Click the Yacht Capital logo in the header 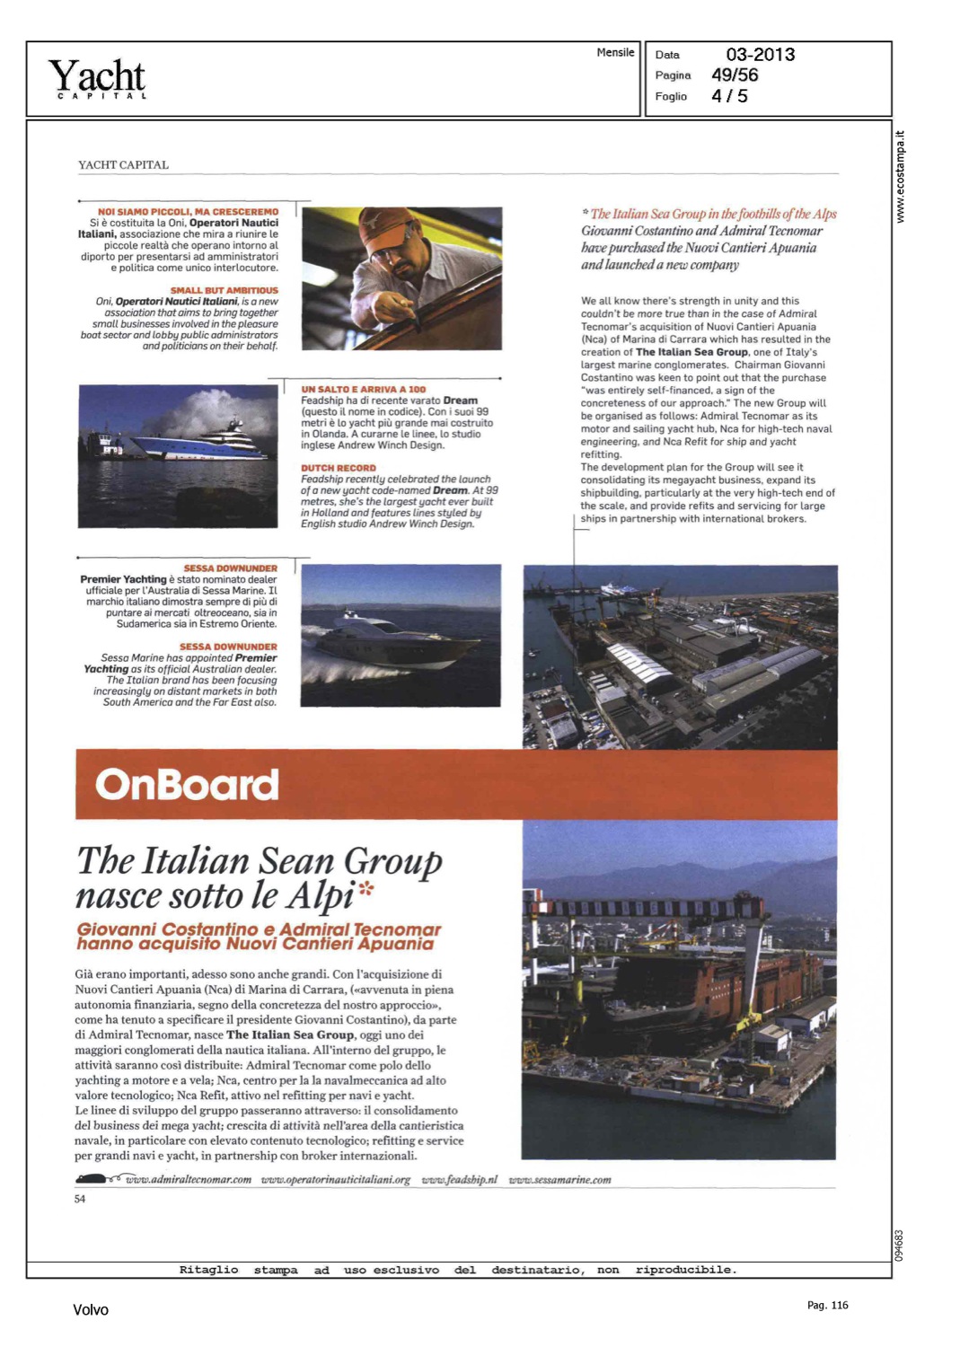point(97,78)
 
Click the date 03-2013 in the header point(760,55)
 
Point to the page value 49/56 point(734,75)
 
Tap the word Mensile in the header point(615,53)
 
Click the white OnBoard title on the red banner point(187,785)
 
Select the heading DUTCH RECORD point(339,468)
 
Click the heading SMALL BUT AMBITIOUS point(225,291)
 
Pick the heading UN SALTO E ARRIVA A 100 point(363,390)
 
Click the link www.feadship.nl point(459,1180)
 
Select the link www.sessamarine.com point(559,1180)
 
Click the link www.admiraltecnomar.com point(189,1180)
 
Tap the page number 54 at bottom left point(80,1199)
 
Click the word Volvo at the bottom point(91,1310)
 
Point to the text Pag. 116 point(827,1306)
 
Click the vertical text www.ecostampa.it point(901,177)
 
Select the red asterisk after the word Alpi point(366,890)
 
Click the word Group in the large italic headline point(393,861)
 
